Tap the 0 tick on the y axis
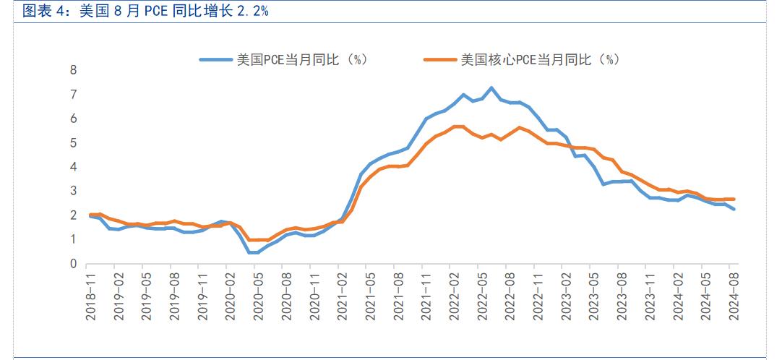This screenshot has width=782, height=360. (x=73, y=265)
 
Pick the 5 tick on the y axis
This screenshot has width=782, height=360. (x=73, y=143)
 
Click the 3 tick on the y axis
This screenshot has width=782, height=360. (x=73, y=192)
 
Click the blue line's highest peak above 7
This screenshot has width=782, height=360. (x=491, y=88)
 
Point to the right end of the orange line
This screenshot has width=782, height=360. (x=734, y=199)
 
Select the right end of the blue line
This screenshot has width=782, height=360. (x=734, y=209)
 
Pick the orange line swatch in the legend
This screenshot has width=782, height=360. (x=441, y=60)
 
